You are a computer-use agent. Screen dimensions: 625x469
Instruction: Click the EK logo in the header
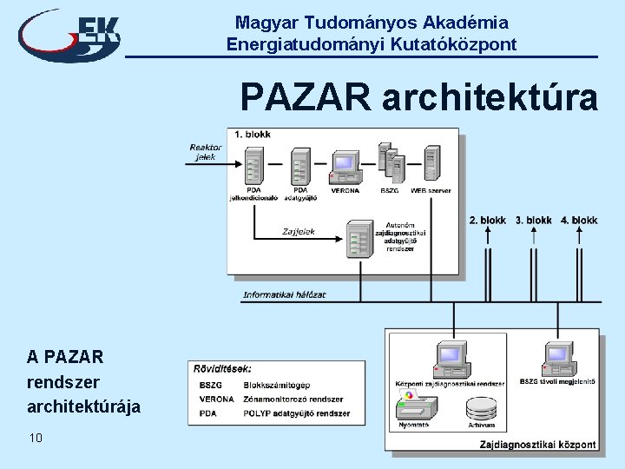click(69, 35)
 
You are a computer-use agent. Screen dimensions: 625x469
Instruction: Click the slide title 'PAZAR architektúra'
click(418, 97)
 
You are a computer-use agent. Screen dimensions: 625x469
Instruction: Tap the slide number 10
click(35, 438)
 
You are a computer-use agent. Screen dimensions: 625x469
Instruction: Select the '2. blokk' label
click(487, 221)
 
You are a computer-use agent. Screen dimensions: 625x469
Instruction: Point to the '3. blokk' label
click(533, 221)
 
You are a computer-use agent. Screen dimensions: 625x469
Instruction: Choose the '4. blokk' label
click(579, 221)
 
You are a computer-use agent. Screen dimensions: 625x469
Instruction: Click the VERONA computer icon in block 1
click(345, 166)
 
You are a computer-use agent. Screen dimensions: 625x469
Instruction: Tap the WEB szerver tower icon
click(431, 162)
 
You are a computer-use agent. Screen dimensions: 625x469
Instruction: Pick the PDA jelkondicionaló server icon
click(253, 165)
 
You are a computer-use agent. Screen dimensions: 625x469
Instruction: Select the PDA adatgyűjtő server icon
click(300, 165)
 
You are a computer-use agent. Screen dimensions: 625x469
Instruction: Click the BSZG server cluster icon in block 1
click(389, 162)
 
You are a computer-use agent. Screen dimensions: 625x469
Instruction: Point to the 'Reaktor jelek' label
click(206, 152)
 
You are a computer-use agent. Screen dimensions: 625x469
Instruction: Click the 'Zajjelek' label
click(299, 232)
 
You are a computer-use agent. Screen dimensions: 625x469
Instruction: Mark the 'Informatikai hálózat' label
click(285, 294)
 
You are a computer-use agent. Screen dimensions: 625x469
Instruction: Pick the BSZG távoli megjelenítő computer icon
click(558, 358)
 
